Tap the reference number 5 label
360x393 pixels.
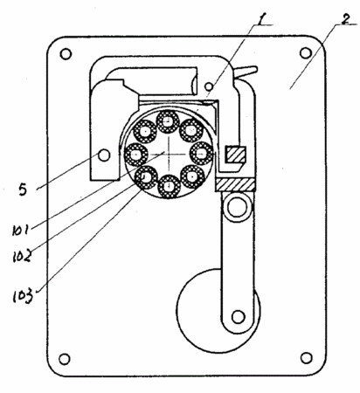click(x=23, y=190)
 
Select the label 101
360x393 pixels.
click(x=20, y=231)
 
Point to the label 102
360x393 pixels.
click(x=22, y=256)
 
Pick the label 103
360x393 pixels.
click(x=23, y=297)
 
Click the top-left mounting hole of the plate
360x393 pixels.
click(x=66, y=54)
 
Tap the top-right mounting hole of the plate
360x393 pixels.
click(x=305, y=53)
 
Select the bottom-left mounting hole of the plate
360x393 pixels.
click(x=65, y=359)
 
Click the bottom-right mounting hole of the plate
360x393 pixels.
click(x=306, y=358)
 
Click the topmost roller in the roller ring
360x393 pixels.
click(x=168, y=121)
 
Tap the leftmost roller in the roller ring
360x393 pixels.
click(x=136, y=154)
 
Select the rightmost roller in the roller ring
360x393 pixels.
click(x=201, y=154)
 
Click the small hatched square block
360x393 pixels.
click(x=235, y=155)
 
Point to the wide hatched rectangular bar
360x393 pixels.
click(x=236, y=184)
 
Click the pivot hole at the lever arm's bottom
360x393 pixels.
click(x=239, y=317)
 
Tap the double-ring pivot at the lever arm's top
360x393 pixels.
click(x=237, y=207)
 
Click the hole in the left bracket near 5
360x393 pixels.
click(x=104, y=155)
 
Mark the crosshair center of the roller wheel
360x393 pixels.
click(x=169, y=154)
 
